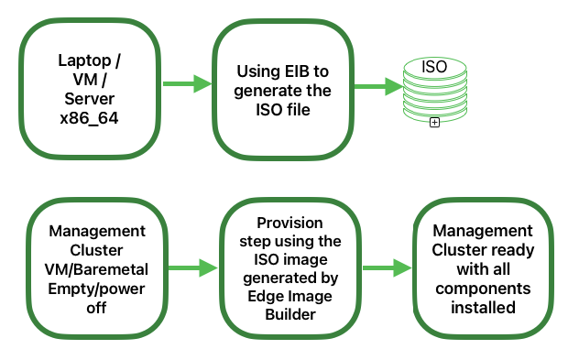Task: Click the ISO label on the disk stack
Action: click(433, 67)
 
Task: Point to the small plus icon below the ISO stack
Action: click(434, 122)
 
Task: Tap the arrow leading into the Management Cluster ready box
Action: click(387, 267)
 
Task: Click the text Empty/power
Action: click(91, 289)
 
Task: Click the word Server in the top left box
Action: click(89, 100)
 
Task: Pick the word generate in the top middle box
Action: click(268, 91)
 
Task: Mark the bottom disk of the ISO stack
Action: click(434, 113)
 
